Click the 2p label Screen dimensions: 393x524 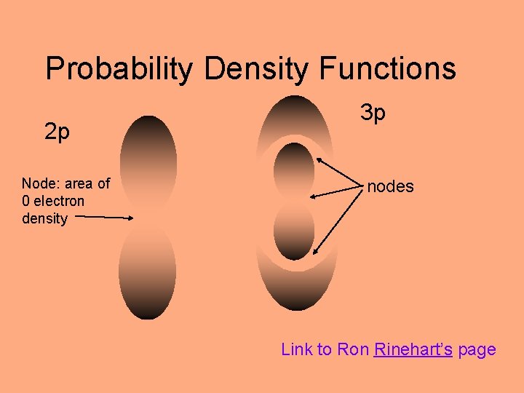coord(57,132)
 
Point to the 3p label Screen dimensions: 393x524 coord(373,113)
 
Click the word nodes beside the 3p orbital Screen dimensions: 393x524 coord(390,186)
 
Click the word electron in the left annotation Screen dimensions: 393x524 coord(60,201)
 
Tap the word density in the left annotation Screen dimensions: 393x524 coord(44,218)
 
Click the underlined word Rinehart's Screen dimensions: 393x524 coord(413,349)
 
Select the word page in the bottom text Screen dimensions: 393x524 coord(477,349)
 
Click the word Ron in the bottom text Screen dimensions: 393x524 coord(353,349)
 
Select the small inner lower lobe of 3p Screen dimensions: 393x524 coord(294,231)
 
